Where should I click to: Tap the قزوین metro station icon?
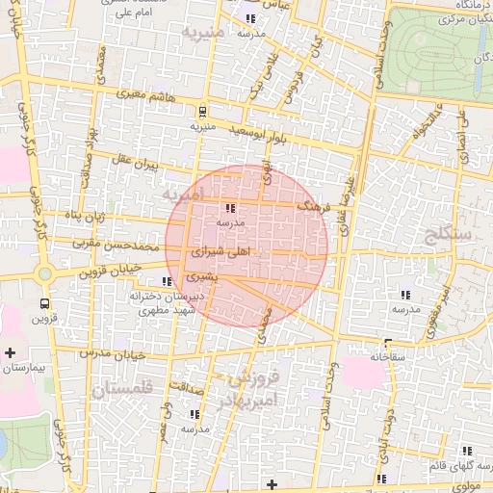pyautogui.click(x=42, y=301)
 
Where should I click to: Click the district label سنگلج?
pyautogui.click(x=453, y=233)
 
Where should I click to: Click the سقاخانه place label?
pyautogui.click(x=386, y=356)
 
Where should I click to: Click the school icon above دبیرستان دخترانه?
pyautogui.click(x=168, y=282)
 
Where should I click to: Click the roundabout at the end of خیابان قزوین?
pyautogui.click(x=43, y=274)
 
